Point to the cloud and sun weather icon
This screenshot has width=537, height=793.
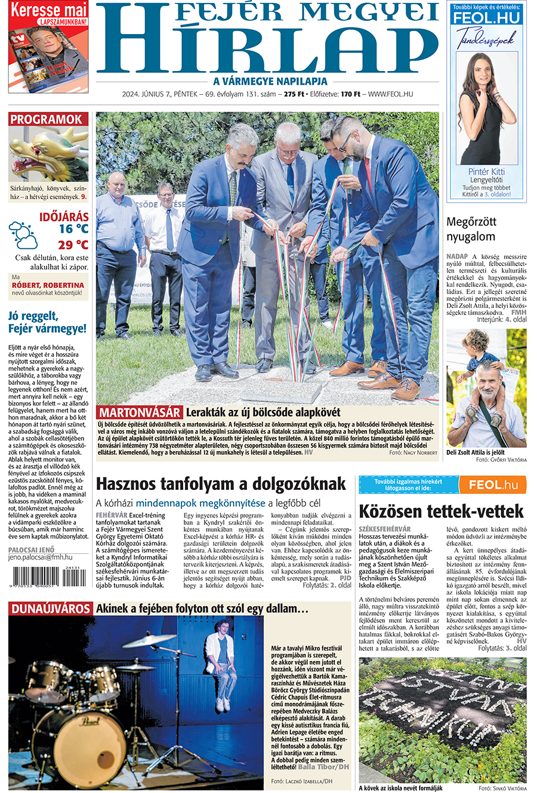click(23, 234)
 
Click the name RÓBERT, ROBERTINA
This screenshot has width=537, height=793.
click(48, 285)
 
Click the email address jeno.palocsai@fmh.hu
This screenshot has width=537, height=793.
click(40, 557)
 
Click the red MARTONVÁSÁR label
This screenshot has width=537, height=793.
click(140, 412)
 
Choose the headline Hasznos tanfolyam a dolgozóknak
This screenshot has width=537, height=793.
click(221, 483)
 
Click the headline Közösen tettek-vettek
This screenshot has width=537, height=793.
click(441, 511)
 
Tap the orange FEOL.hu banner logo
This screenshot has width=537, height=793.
click(492, 485)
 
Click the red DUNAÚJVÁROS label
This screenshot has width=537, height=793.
click(50, 609)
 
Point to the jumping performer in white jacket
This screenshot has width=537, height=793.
click(222, 664)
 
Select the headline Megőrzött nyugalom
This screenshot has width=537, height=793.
click(471, 229)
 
